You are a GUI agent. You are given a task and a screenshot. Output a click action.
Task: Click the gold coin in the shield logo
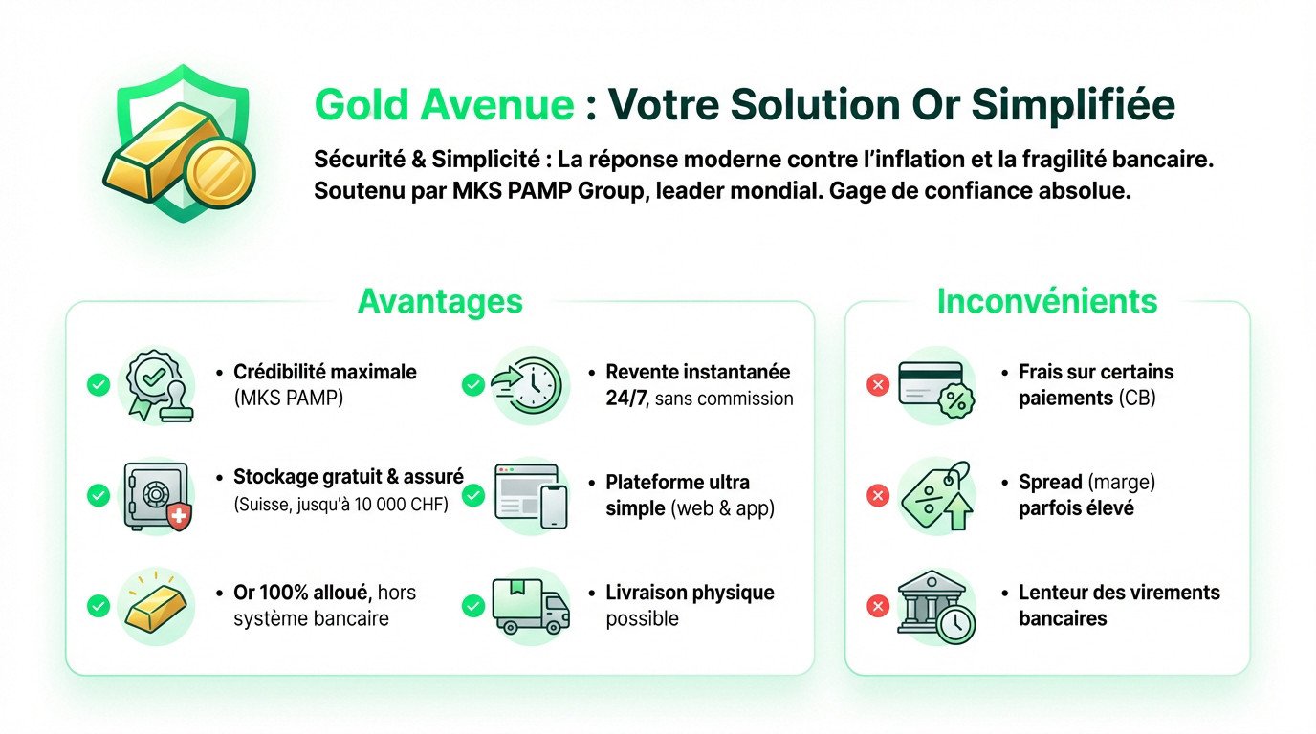tap(218, 175)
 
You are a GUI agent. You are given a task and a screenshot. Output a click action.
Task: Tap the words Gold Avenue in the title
tap(445, 105)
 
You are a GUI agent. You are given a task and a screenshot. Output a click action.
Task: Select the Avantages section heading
tap(440, 301)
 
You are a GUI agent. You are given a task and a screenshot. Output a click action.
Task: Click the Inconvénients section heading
tap(1046, 301)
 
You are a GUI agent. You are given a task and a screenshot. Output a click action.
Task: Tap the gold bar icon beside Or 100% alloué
tap(156, 606)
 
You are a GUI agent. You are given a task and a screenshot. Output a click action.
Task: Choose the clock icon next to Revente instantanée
tap(528, 385)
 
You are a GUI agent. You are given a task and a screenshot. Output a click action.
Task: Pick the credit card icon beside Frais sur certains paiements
tap(934, 385)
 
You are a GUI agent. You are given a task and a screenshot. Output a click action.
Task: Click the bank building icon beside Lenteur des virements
tap(935, 606)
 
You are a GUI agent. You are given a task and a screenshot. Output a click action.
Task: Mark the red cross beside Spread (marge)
tap(877, 495)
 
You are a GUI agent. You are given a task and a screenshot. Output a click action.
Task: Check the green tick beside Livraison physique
tap(472, 606)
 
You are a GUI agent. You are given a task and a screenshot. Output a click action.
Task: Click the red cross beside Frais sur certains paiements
tap(877, 385)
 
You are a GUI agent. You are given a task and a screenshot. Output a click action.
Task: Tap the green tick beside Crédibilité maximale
tap(98, 385)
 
